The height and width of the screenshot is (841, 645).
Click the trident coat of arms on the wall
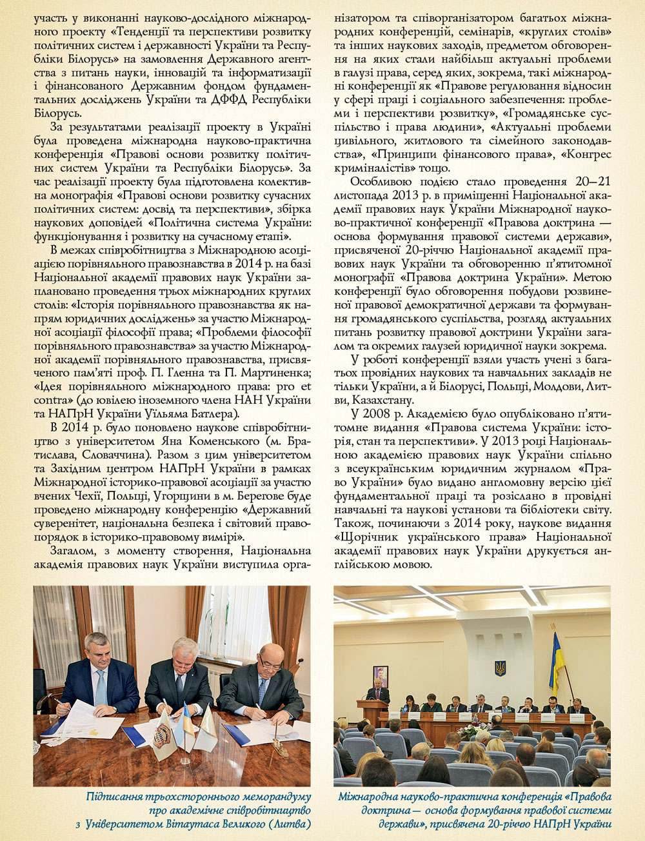(x=500, y=668)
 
